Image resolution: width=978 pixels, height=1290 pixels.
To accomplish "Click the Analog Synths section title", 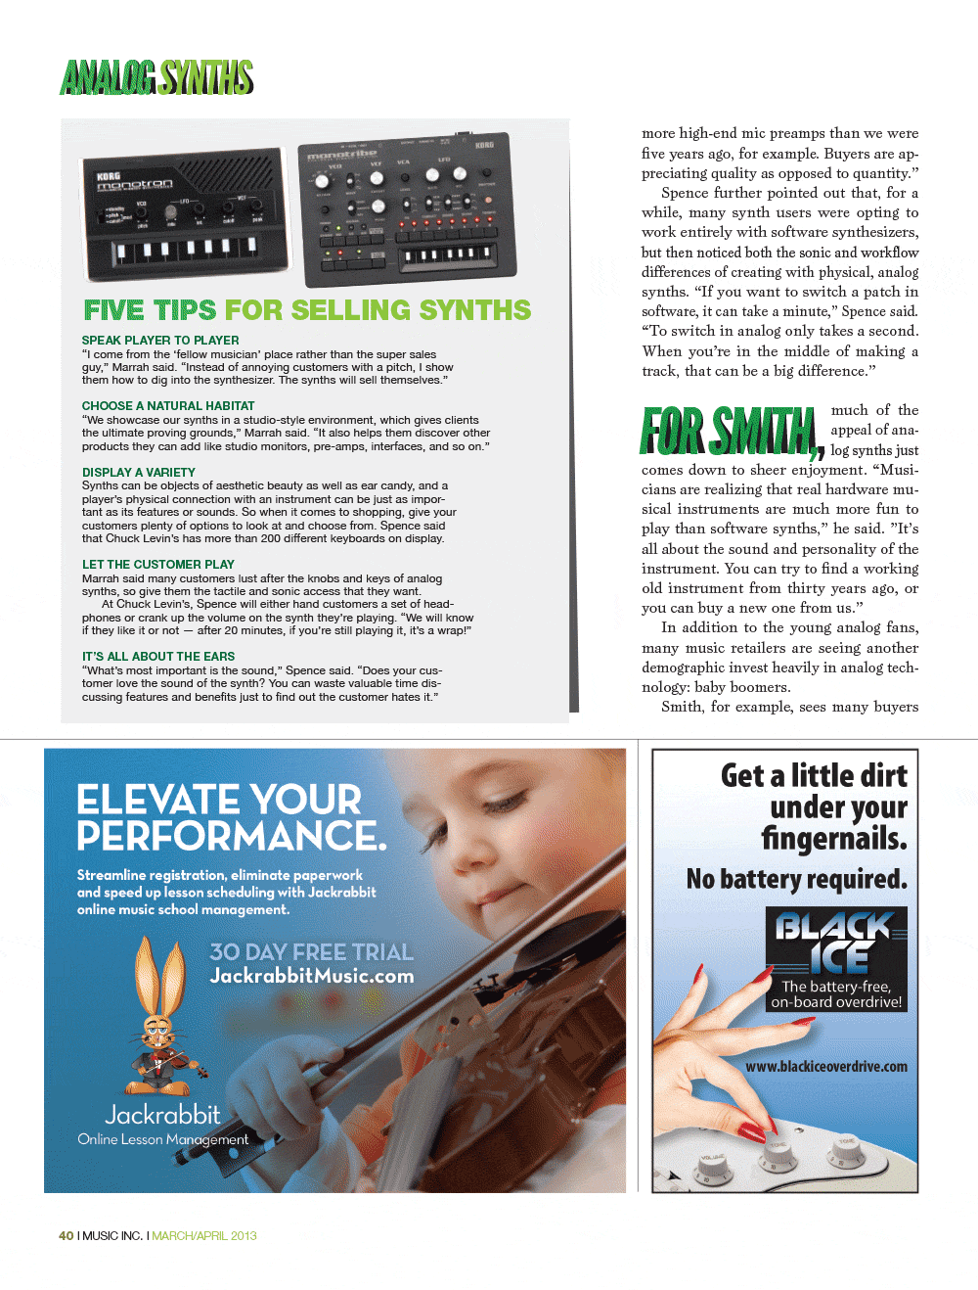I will point(156,77).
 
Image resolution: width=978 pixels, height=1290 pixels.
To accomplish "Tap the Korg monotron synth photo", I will point(186,213).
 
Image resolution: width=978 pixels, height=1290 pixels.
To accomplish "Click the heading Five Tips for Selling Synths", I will point(307,310).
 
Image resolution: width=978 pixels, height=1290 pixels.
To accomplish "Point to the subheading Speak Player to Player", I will point(160,341).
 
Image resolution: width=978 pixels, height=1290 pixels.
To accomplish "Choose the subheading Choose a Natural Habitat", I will point(168,406).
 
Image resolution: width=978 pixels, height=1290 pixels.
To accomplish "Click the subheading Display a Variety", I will point(139,472).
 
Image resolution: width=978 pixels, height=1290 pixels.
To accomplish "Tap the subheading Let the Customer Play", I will point(158,565).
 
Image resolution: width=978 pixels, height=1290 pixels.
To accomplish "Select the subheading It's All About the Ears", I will point(158,657).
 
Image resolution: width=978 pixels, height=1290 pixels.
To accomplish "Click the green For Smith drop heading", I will point(729,432).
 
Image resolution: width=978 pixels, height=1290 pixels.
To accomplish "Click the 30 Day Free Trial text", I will point(311,952).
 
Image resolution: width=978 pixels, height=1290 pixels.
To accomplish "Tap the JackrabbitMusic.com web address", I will point(311,976).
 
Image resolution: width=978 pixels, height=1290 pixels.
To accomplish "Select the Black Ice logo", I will point(836,941).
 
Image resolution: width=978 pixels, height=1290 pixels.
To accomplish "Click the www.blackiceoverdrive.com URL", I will point(825,1067).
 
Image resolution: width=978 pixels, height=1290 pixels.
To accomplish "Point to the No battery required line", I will point(796,879).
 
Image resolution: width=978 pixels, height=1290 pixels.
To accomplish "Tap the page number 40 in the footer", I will point(66,1236).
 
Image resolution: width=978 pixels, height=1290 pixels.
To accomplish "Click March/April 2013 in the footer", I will point(204,1236).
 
